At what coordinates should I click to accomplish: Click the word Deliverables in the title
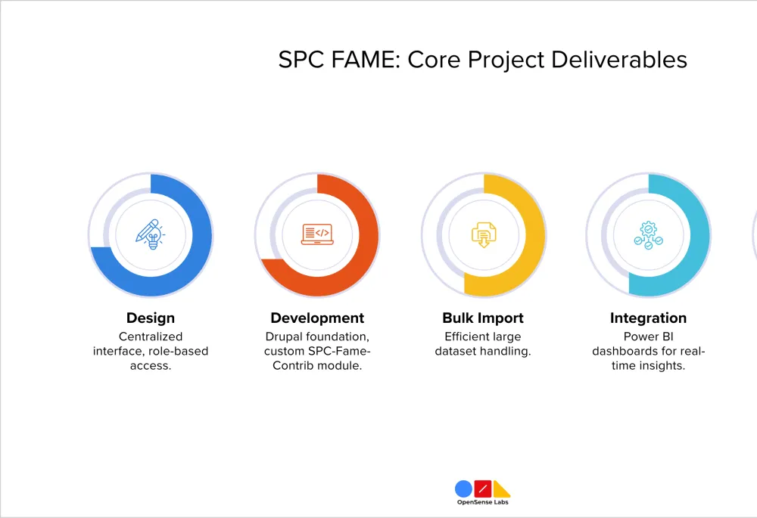point(619,60)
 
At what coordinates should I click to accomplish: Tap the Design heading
point(151,318)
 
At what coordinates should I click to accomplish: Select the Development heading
point(317,318)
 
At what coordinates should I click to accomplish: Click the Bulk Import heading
point(483,318)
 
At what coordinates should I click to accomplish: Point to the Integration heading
point(649,318)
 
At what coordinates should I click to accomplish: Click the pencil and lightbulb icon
point(150,234)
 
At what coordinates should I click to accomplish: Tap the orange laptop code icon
point(317,234)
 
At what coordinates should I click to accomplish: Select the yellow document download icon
point(484,235)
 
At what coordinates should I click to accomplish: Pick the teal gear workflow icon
point(649,235)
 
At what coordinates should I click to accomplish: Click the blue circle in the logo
point(463,489)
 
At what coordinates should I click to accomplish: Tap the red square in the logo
point(483,489)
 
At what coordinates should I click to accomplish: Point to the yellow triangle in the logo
point(500,491)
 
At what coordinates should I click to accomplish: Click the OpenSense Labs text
point(483,502)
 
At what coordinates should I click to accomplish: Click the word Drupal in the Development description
point(284,337)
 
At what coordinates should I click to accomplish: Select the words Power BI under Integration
point(649,337)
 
